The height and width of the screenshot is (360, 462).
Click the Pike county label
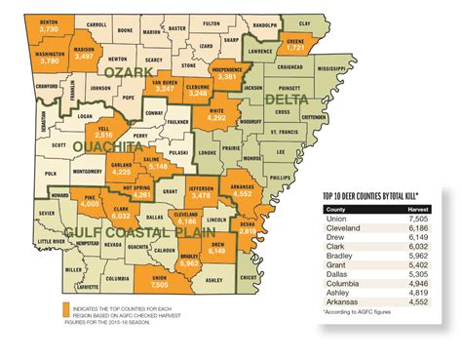[x=89, y=198]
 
